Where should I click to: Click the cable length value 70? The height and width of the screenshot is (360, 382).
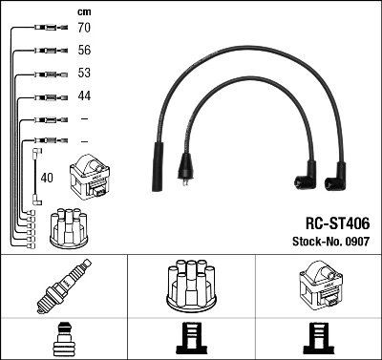(x=83, y=29)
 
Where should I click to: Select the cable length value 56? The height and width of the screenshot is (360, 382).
(x=83, y=52)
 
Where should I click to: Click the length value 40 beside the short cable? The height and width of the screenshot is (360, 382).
(x=46, y=177)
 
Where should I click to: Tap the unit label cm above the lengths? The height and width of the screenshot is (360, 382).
(x=83, y=11)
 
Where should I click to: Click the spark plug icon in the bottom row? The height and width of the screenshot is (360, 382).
(x=63, y=286)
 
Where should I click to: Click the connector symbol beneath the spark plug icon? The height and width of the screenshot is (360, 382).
(x=63, y=338)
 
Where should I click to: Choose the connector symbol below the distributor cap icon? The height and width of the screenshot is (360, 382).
(x=190, y=338)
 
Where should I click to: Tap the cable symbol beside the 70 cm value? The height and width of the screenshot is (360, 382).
(x=44, y=29)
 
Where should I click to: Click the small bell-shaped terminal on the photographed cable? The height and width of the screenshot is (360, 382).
(x=184, y=175)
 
